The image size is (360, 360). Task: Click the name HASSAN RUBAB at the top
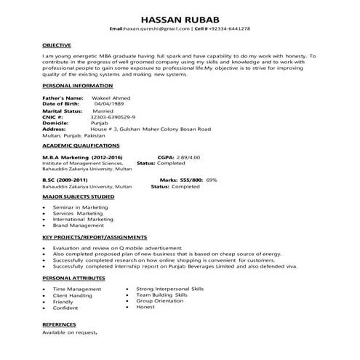point(180,15)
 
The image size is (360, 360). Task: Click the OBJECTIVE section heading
point(57,44)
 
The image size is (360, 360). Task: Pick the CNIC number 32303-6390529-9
point(113,116)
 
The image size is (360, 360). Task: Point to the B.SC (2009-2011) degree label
point(65,179)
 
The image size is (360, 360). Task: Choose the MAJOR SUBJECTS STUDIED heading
point(78,196)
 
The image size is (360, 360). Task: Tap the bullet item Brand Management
point(80,225)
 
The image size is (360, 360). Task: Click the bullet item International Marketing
point(87,219)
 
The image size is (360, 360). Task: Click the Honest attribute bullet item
point(146,307)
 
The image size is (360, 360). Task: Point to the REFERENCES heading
point(59,324)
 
